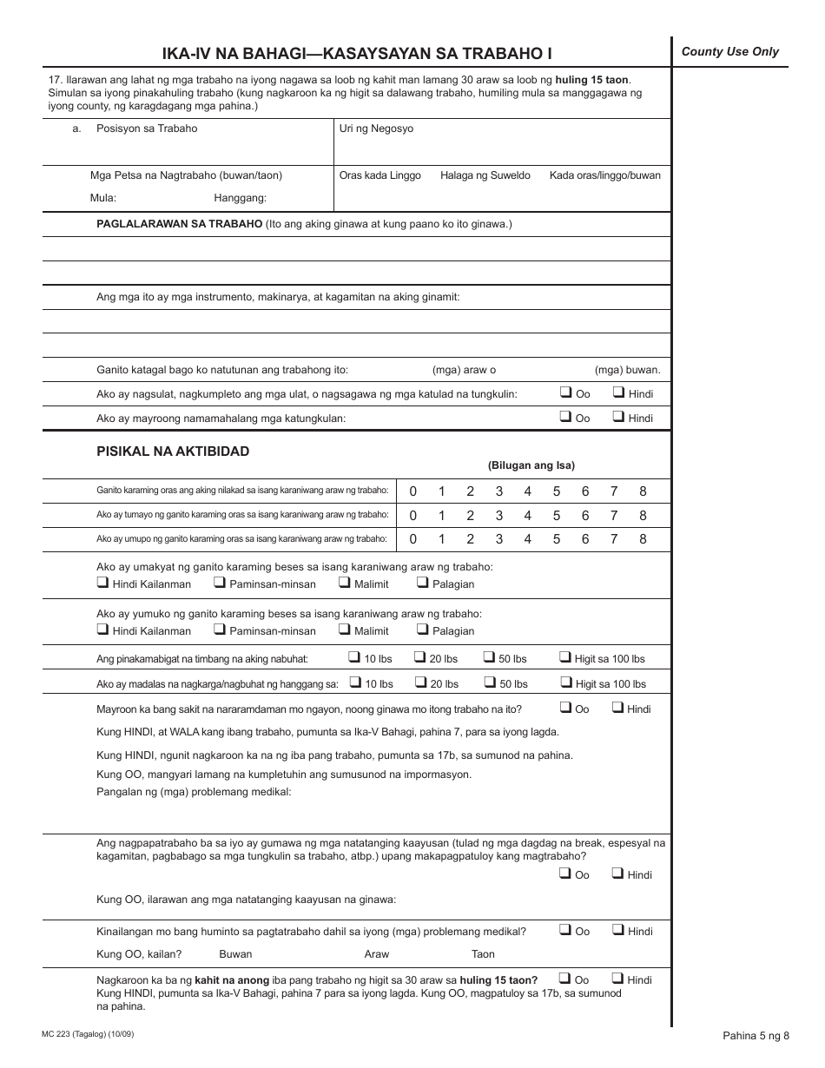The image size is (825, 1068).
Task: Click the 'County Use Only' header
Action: (x=729, y=52)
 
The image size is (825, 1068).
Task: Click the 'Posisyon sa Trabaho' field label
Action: (x=147, y=129)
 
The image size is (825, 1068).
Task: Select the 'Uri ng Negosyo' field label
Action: (x=376, y=129)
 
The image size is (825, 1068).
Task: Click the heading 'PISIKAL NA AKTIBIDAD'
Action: (x=173, y=452)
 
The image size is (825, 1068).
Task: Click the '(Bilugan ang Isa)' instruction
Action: (x=531, y=465)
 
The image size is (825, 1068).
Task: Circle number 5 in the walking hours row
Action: (x=557, y=491)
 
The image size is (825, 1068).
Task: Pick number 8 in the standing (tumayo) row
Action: (x=643, y=516)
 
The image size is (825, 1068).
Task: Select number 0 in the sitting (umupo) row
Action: (x=412, y=539)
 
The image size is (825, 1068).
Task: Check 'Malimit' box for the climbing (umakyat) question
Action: (x=345, y=583)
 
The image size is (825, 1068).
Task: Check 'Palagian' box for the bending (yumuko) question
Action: (x=423, y=630)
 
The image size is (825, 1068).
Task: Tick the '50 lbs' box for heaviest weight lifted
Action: (x=489, y=658)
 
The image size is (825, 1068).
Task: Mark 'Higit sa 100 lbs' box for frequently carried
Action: (x=565, y=683)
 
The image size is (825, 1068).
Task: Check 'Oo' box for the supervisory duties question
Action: (x=566, y=418)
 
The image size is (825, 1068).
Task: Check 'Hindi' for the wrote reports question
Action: (x=619, y=393)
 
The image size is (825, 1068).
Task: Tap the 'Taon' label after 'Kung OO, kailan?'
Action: (x=483, y=954)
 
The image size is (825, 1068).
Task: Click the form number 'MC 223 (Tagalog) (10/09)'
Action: (x=88, y=1034)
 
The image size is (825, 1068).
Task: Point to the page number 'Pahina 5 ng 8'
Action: (x=756, y=1035)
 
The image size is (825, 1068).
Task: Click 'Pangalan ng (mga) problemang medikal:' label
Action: (x=194, y=792)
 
